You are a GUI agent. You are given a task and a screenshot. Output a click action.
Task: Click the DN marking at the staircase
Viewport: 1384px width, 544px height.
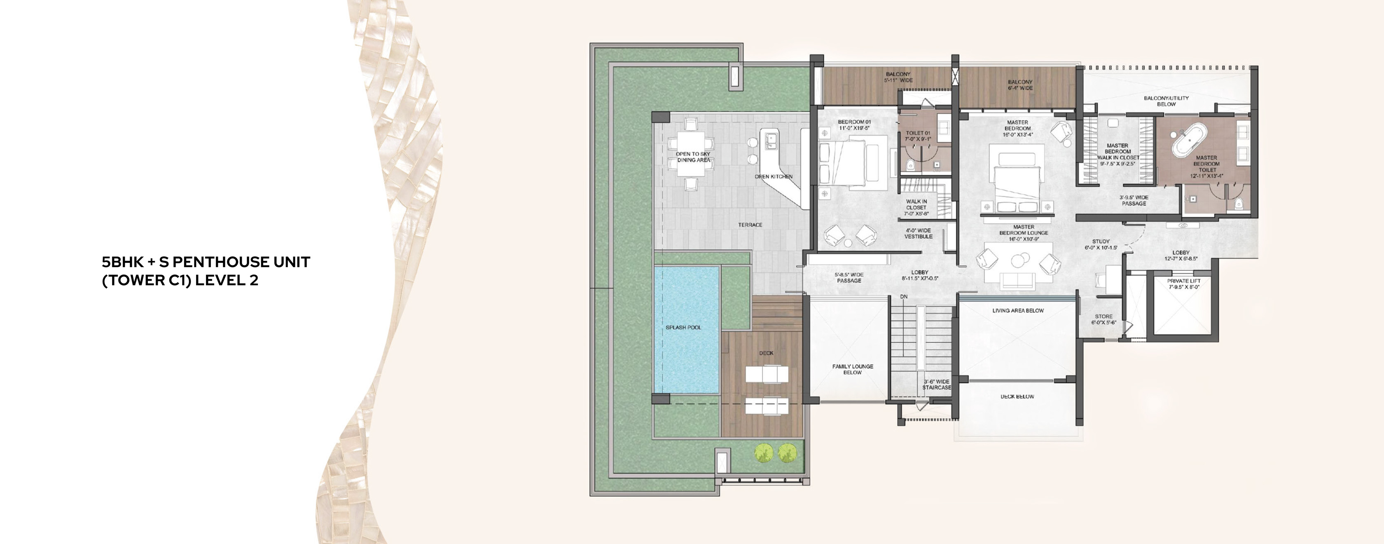pos(904,297)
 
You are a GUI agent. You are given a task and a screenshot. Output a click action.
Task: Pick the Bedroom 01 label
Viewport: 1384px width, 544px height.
pos(854,125)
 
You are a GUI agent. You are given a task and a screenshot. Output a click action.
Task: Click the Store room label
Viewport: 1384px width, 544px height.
pos(1103,319)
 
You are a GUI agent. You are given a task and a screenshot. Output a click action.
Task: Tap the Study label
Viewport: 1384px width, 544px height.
pos(1101,244)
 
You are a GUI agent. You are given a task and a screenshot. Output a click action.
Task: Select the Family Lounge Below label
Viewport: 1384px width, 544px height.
pos(853,369)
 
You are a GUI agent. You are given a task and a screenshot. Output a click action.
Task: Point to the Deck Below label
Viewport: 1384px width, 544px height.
pos(1017,397)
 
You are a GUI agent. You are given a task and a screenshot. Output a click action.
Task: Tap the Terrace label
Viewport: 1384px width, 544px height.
pos(750,225)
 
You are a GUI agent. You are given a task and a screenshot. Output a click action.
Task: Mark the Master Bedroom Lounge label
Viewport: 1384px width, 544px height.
pos(1024,233)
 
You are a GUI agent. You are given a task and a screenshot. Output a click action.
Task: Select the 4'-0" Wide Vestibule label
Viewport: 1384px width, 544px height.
pos(918,233)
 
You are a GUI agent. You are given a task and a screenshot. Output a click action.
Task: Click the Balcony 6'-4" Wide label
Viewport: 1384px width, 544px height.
pos(1020,85)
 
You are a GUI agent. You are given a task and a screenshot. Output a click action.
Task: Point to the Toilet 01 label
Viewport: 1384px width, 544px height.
pos(918,136)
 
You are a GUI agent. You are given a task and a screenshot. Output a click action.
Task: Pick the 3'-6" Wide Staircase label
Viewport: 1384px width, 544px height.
pos(936,385)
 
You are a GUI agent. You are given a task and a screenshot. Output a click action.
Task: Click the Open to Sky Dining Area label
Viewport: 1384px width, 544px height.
pos(693,157)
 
